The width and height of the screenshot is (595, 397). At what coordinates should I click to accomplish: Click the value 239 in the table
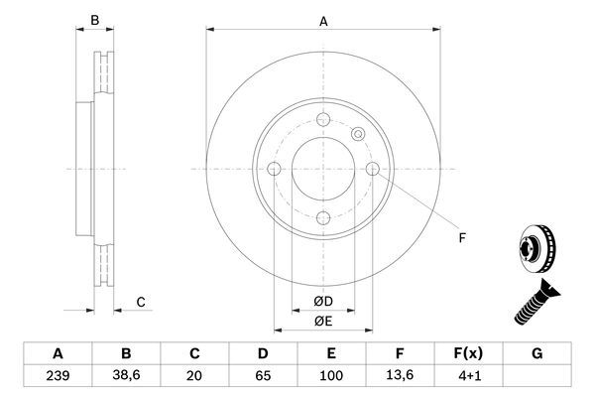[x=58, y=377]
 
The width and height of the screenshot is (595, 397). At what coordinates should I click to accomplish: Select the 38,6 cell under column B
[x=126, y=377]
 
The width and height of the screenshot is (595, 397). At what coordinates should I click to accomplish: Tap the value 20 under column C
[x=194, y=377]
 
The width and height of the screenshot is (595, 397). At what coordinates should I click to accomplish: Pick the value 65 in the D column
[x=263, y=377]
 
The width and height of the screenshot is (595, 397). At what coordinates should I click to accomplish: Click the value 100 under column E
[x=331, y=377]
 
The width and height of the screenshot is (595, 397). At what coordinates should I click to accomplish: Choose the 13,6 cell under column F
[x=400, y=377]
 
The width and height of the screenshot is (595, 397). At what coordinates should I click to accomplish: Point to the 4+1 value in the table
[x=468, y=377]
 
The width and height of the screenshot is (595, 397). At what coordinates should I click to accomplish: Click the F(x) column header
[x=468, y=353]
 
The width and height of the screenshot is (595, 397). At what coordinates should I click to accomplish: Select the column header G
[x=536, y=353]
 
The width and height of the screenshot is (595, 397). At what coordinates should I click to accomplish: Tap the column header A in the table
[x=58, y=353]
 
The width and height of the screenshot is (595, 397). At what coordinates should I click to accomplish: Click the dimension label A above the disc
[x=322, y=19]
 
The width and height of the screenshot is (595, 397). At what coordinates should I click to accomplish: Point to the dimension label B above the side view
[x=95, y=19]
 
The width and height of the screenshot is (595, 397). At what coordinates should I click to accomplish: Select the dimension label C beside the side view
[x=141, y=302]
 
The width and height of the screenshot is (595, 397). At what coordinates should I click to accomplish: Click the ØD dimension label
[x=322, y=302]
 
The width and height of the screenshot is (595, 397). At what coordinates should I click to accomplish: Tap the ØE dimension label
[x=322, y=322]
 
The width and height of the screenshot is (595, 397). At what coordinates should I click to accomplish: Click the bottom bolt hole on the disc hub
[x=323, y=219]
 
